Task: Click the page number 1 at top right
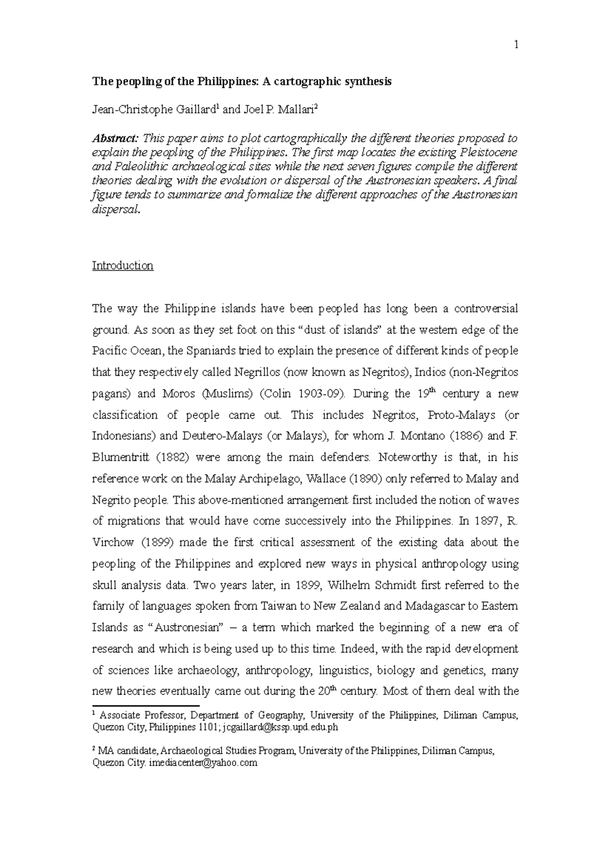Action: (x=516, y=45)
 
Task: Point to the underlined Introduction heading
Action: (x=122, y=265)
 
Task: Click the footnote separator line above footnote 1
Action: (x=145, y=706)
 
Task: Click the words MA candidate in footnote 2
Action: (x=128, y=750)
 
